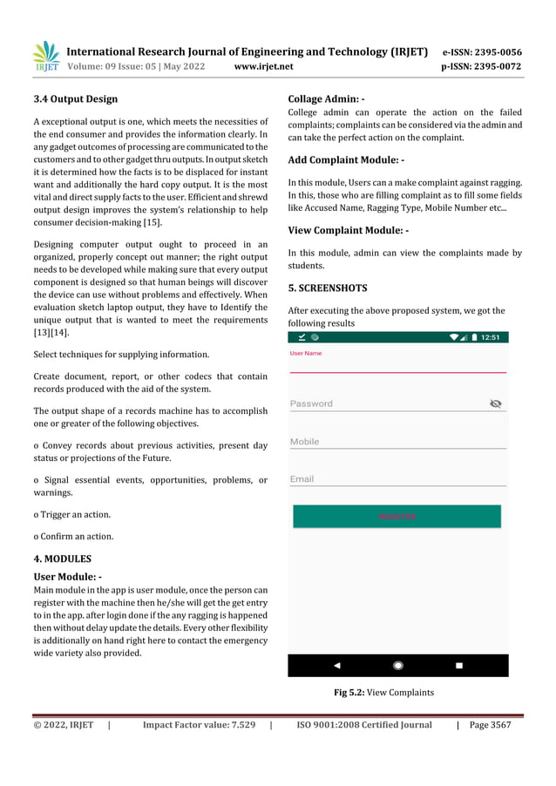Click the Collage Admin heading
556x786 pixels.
[x=326, y=98]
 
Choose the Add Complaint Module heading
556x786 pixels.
[x=346, y=160]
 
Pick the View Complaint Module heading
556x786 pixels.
[x=349, y=231]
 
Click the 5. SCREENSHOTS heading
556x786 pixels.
[x=328, y=288]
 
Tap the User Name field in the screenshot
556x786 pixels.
[x=397, y=363]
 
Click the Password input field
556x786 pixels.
[x=383, y=403]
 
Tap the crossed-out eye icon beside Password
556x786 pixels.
[x=496, y=403]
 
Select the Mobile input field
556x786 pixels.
[x=397, y=442]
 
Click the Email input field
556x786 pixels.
[x=397, y=479]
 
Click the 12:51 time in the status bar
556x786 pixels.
[x=490, y=337]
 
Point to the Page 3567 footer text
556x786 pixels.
[x=490, y=724]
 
